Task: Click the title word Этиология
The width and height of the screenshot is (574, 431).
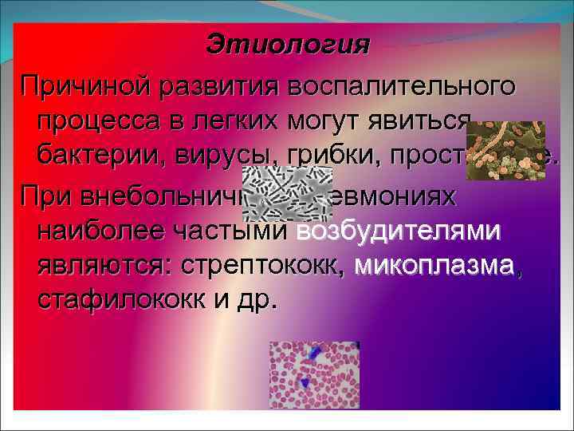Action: coord(287,45)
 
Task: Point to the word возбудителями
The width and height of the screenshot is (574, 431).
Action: coord(399,231)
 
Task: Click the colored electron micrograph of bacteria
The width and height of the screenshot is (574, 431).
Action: coord(505,150)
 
